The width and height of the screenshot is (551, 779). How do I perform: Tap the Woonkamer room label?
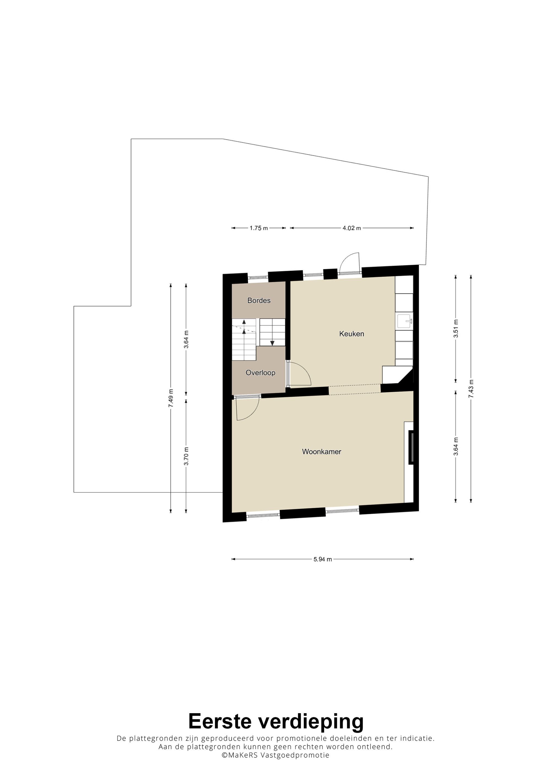322,452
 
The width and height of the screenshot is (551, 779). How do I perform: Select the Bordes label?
259,300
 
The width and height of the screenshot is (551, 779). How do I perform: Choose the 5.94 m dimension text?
323,560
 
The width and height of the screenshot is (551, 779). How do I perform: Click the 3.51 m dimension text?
456,328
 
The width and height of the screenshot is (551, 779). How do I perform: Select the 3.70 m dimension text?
186,457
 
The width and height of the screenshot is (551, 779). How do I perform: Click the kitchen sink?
405,321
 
